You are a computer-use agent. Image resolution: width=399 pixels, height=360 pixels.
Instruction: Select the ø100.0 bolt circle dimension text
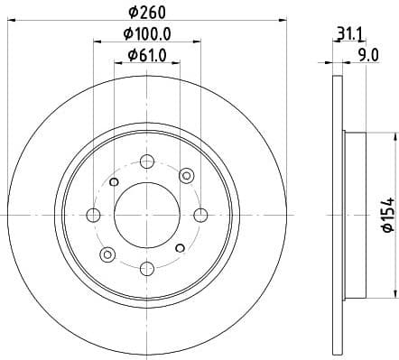(x=147, y=36)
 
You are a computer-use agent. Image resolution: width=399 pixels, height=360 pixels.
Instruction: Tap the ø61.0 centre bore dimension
(x=147, y=57)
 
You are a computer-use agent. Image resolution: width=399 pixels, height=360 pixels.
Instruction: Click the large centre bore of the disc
(x=146, y=214)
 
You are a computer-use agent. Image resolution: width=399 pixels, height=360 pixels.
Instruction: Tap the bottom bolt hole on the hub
(x=146, y=268)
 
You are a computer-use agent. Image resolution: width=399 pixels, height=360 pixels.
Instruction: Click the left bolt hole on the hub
(x=92, y=214)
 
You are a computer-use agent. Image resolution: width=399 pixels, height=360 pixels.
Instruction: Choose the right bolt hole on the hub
(x=200, y=214)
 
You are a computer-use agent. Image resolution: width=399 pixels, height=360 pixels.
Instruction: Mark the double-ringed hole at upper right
(x=186, y=175)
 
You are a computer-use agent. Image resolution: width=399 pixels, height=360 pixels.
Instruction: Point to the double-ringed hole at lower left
(x=107, y=254)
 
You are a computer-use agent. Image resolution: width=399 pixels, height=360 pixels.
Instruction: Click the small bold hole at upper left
(x=114, y=182)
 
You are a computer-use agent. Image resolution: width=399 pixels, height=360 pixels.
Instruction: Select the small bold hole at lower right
(x=180, y=246)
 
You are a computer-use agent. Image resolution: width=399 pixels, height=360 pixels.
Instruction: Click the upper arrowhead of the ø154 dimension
(x=394, y=136)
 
